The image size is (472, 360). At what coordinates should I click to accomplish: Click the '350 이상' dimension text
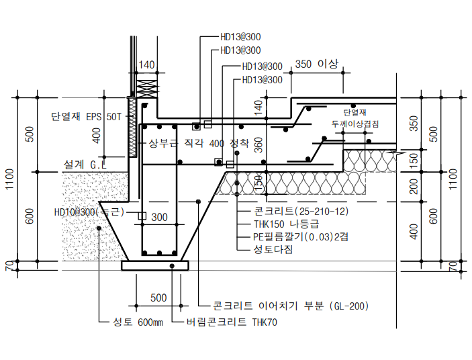coord(316,64)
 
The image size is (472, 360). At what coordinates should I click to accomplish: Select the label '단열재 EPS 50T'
coord(87,116)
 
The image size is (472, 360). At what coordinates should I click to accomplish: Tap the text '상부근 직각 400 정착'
coord(199,144)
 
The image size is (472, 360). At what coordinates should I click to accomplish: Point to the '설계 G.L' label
coord(85,164)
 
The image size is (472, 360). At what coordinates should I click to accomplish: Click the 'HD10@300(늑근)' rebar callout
coord(89,212)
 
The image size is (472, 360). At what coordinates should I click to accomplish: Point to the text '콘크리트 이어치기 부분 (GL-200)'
coord(291,306)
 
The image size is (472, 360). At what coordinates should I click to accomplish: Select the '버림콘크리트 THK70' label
coord(233,322)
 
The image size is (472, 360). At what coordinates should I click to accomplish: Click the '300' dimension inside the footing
coord(159,218)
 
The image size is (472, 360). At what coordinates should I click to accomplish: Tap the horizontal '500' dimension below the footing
coord(158,298)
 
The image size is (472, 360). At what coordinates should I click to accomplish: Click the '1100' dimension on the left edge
coord(10,180)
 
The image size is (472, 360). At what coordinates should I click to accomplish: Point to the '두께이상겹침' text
coord(355,124)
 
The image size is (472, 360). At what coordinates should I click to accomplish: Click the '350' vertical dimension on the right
coord(414,124)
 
